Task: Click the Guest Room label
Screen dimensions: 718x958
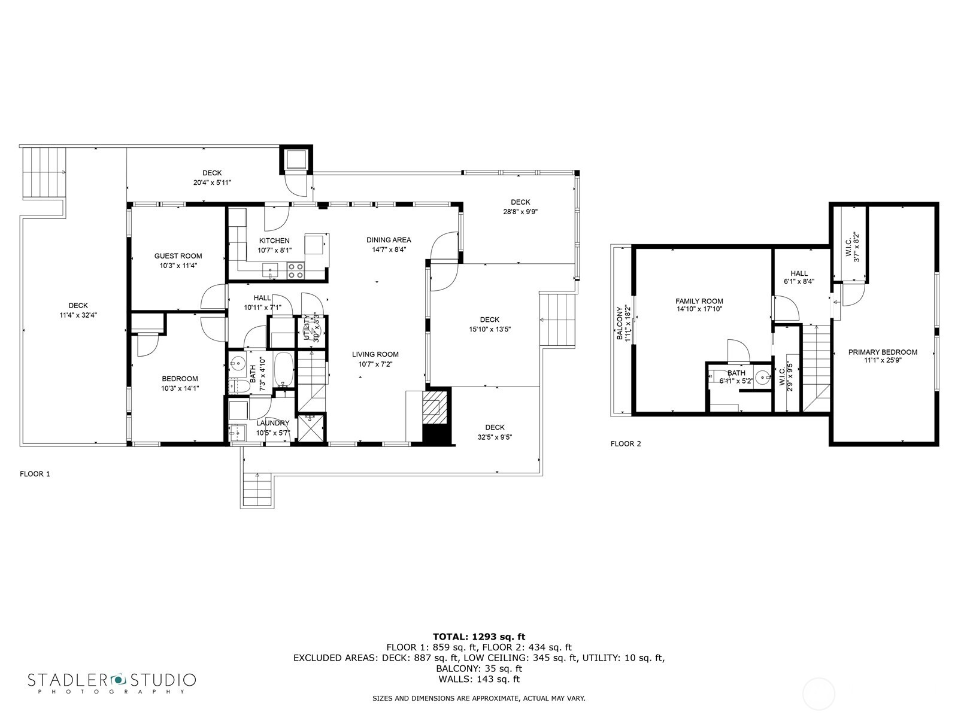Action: [178, 256]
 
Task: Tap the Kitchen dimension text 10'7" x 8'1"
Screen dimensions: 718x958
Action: [274, 251]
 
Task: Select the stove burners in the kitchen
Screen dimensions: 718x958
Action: [295, 271]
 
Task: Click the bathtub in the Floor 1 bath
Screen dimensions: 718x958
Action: [283, 370]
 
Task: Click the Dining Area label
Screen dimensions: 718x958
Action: [389, 240]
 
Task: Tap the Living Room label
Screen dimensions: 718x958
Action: [375, 354]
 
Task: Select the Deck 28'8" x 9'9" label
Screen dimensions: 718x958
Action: [520, 202]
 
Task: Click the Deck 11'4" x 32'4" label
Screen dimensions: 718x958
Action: [78, 306]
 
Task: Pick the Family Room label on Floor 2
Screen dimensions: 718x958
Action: [699, 302]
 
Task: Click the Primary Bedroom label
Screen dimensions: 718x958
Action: [883, 352]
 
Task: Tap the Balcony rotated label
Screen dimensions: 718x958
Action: [620, 324]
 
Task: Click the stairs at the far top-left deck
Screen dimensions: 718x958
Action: [43, 173]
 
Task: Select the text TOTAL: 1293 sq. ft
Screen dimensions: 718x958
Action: [478, 637]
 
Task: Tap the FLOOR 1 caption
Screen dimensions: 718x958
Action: [35, 474]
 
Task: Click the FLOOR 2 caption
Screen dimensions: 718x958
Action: [626, 444]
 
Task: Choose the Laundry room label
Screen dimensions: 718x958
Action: [272, 424]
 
